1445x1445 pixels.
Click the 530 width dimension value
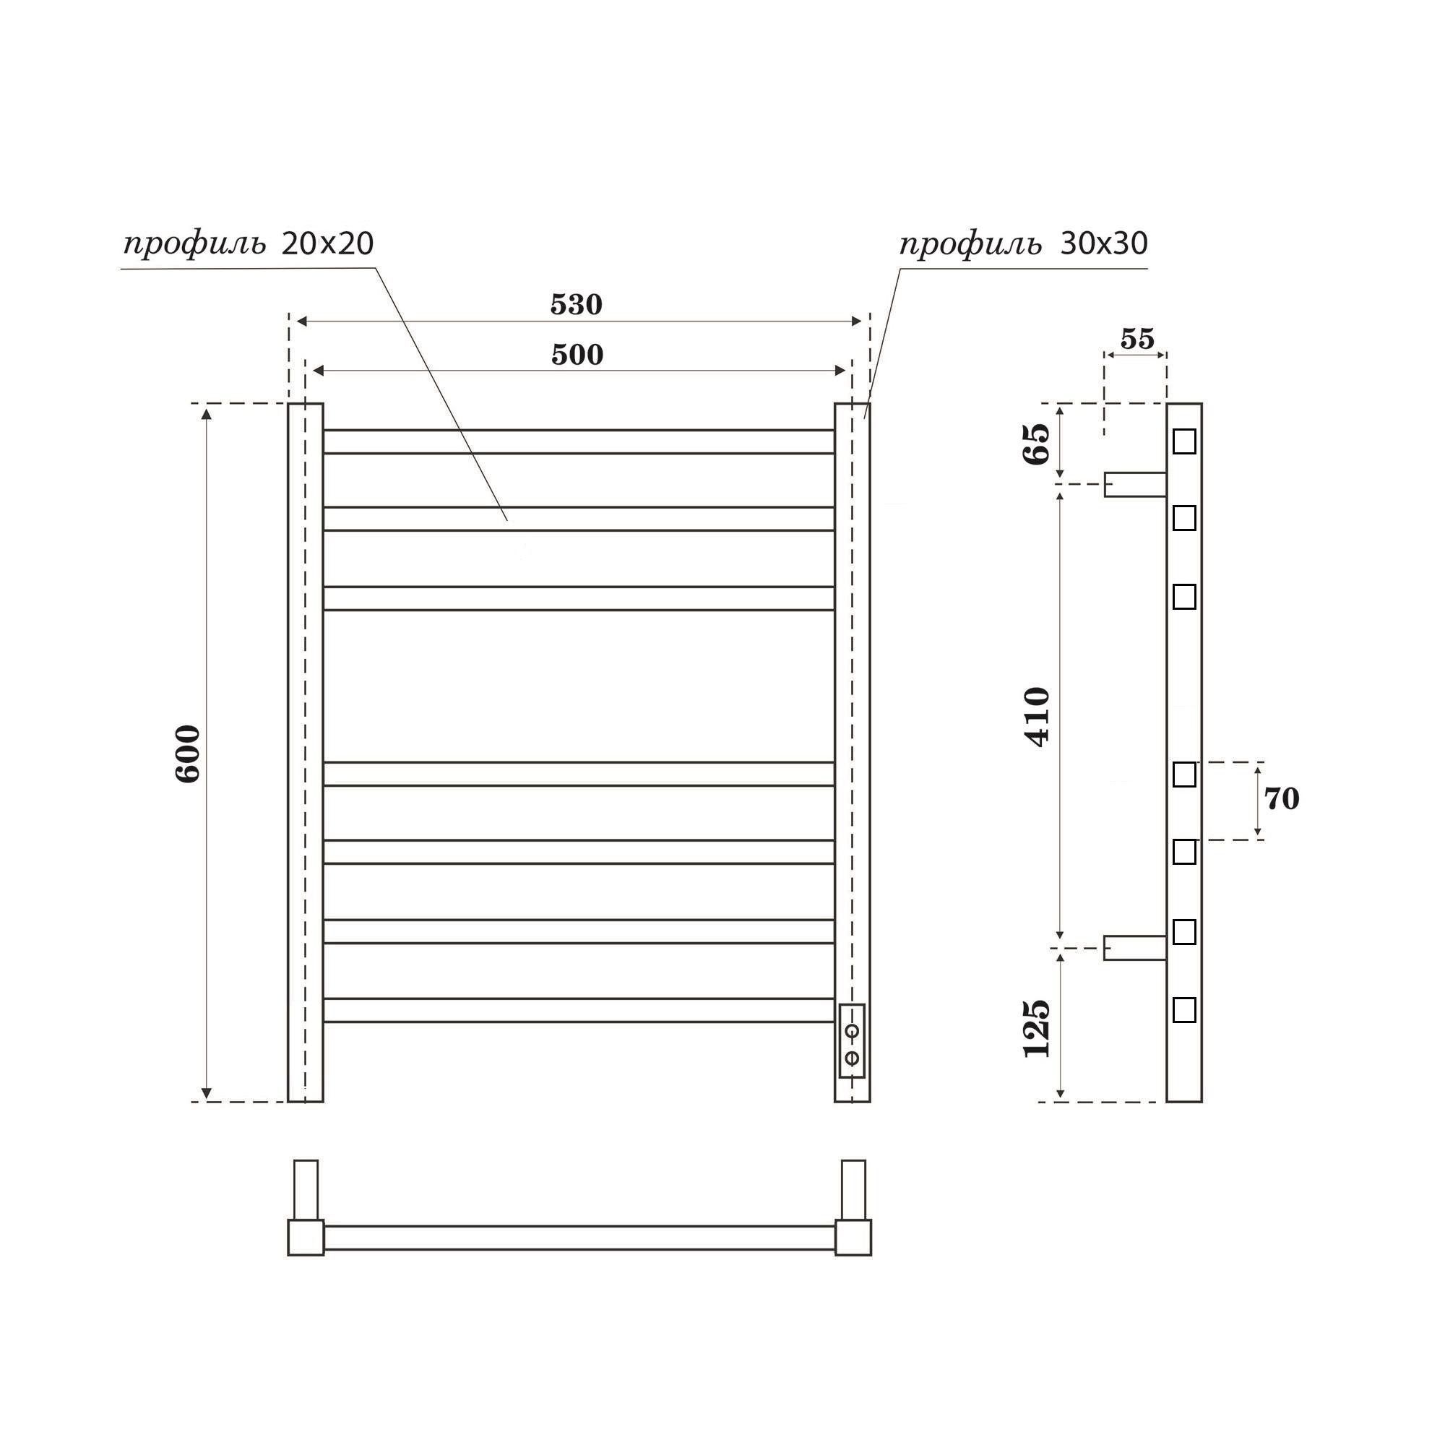(x=576, y=304)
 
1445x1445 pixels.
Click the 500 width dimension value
(x=577, y=355)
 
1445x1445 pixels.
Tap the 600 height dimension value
(x=188, y=753)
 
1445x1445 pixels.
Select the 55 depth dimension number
(x=1136, y=339)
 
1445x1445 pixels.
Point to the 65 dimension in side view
(x=1038, y=444)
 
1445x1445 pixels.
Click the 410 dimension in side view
(x=1038, y=717)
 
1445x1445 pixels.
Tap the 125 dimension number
(x=1038, y=1027)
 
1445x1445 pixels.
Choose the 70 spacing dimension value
(x=1281, y=800)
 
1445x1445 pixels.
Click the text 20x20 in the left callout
(x=327, y=243)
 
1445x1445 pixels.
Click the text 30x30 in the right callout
(x=1103, y=243)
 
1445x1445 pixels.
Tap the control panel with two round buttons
(x=852, y=1040)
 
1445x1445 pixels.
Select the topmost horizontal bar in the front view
(x=578, y=441)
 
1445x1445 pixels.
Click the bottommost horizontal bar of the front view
(x=578, y=1010)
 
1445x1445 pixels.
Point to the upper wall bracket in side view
(x=1134, y=484)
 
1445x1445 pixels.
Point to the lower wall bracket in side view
(x=1134, y=948)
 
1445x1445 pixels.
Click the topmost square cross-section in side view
(x=1184, y=441)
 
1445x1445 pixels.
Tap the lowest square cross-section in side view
(x=1184, y=1010)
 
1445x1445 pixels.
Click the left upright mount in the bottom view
(x=306, y=1189)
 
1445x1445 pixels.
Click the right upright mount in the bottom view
(x=853, y=1189)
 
